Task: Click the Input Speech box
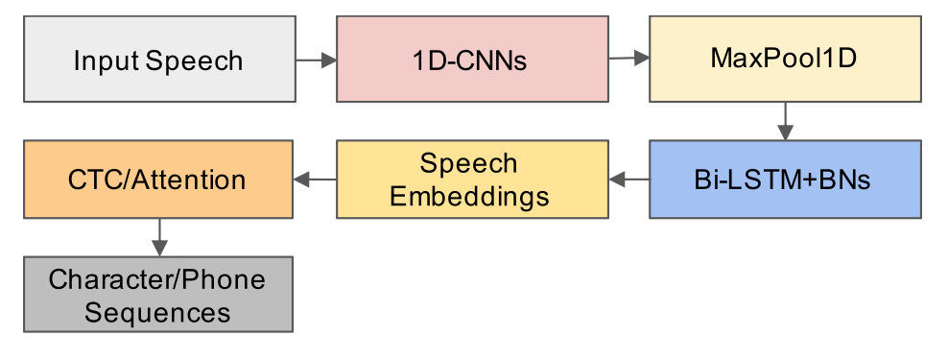(x=159, y=59)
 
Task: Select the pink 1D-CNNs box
(x=472, y=59)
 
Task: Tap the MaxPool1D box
(x=786, y=59)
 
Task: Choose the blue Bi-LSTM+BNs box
(x=786, y=180)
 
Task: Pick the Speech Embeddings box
(x=472, y=180)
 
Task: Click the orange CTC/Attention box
(x=158, y=180)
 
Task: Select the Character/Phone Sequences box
(x=158, y=294)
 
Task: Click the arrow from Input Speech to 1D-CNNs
(x=317, y=60)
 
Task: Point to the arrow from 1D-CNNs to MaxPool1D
(x=628, y=59)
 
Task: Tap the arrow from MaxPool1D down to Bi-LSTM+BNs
(x=785, y=121)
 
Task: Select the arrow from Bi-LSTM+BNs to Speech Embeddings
(x=628, y=180)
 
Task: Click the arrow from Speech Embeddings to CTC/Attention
(x=315, y=180)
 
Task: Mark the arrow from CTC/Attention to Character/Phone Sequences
(x=159, y=237)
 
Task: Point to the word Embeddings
(x=470, y=197)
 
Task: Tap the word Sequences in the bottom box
(x=157, y=313)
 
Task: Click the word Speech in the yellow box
(x=469, y=164)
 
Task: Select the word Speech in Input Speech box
(x=194, y=61)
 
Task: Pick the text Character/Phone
(x=157, y=279)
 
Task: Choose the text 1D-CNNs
(x=470, y=61)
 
